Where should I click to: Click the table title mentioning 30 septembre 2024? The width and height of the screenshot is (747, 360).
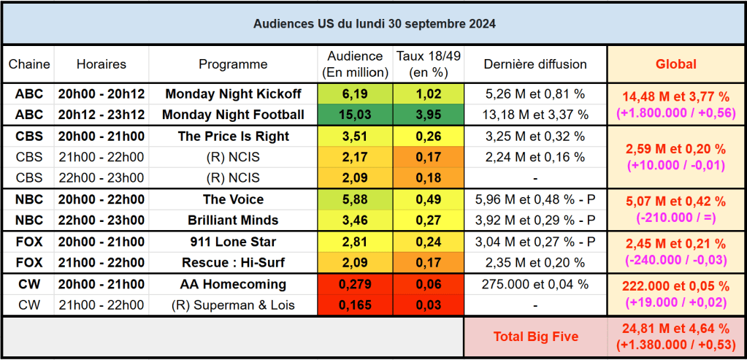pyautogui.click(x=374, y=23)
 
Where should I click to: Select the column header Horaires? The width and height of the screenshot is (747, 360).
pyautogui.click(x=101, y=64)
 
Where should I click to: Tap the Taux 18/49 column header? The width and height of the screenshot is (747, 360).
pyautogui.click(x=428, y=64)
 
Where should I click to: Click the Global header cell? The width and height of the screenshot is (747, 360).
pyautogui.click(x=675, y=64)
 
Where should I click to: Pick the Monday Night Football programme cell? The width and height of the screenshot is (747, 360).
pyautogui.click(x=233, y=115)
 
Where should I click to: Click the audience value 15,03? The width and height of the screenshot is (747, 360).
pyautogui.click(x=355, y=115)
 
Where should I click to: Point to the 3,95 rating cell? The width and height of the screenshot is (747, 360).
pyautogui.click(x=428, y=115)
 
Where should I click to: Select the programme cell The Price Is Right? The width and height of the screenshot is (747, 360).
pyautogui.click(x=233, y=137)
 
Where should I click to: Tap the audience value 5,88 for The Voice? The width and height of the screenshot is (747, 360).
pyautogui.click(x=355, y=199)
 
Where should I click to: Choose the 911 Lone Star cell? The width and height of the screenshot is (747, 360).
pyautogui.click(x=233, y=242)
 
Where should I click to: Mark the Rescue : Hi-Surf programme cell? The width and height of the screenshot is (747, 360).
pyautogui.click(x=233, y=263)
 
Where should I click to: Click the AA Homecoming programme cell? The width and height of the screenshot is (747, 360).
pyautogui.click(x=233, y=284)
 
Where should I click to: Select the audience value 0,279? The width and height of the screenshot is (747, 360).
pyautogui.click(x=355, y=284)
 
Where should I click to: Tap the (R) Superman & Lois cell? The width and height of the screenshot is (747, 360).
pyautogui.click(x=233, y=305)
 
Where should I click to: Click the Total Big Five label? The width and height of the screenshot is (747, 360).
pyautogui.click(x=535, y=337)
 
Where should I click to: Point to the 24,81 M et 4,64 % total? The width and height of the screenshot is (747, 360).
pyautogui.click(x=675, y=329)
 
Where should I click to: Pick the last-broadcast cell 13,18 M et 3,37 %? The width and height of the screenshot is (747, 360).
pyautogui.click(x=535, y=115)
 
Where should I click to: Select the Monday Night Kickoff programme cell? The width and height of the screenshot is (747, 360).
pyautogui.click(x=233, y=93)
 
